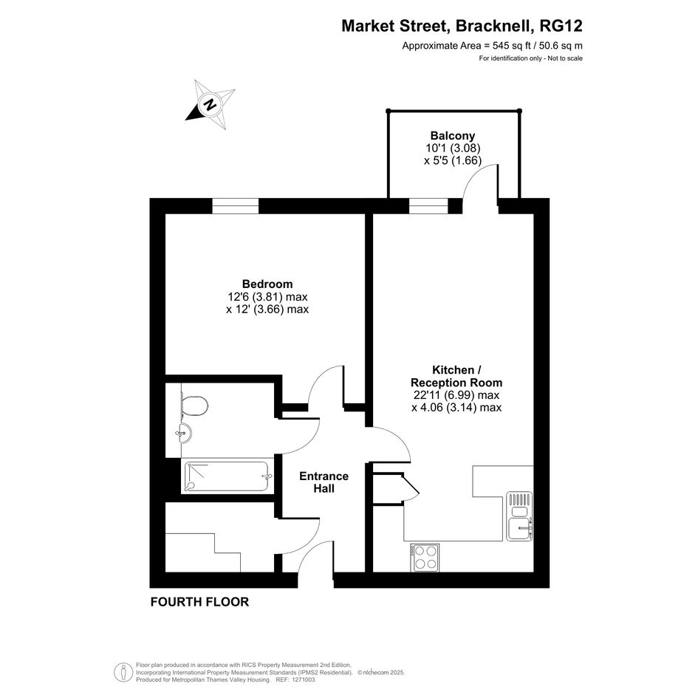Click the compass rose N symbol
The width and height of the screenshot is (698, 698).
(x=210, y=105)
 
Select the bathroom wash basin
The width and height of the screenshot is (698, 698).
(x=184, y=433)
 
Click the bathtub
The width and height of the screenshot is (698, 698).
(x=227, y=476)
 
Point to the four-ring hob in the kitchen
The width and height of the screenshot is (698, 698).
(x=425, y=558)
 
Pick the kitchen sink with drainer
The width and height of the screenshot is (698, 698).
(x=519, y=516)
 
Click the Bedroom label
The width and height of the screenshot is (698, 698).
(x=267, y=284)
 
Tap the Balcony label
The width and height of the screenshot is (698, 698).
(x=452, y=135)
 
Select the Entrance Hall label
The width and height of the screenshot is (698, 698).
(x=324, y=482)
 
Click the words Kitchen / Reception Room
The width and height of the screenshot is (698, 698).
(x=456, y=376)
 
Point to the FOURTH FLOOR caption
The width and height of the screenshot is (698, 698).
(x=199, y=602)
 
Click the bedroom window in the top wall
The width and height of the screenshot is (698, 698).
(x=235, y=206)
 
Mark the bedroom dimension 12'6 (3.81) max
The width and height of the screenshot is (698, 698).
(x=267, y=296)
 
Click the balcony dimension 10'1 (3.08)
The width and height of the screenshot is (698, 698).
(x=453, y=148)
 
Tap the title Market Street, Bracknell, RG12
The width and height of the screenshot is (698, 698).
(x=462, y=26)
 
